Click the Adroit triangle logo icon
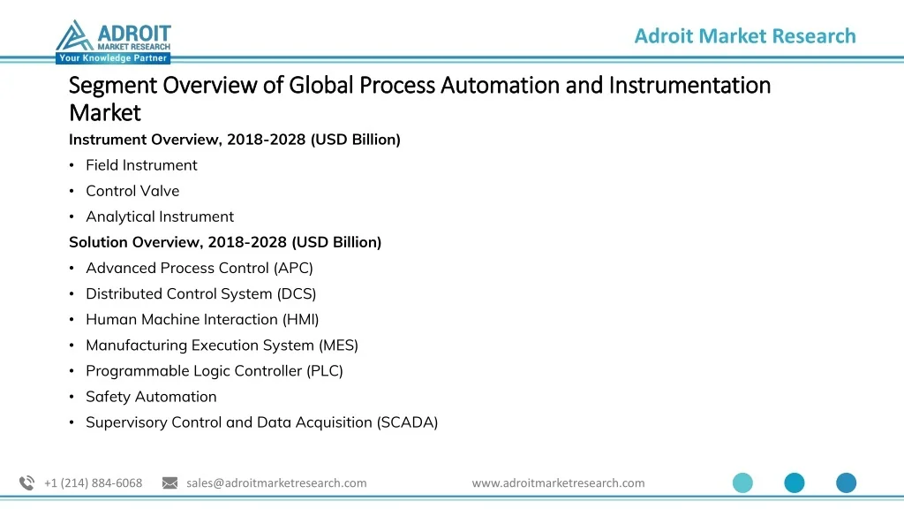[74, 35]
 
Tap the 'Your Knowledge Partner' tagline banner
[113, 57]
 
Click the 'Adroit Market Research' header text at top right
[745, 35]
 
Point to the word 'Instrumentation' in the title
[689, 86]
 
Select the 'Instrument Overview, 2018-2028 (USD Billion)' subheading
[235, 140]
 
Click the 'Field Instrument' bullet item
[141, 165]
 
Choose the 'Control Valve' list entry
[132, 191]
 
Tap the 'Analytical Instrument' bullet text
[160, 217]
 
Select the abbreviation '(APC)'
[293, 269]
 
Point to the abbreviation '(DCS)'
[297, 293]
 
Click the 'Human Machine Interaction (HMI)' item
[202, 320]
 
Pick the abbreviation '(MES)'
[338, 346]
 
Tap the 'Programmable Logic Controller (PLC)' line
[215, 371]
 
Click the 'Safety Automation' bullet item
[151, 397]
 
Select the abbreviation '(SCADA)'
[408, 422]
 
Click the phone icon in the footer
[27, 483]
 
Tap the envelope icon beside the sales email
[170, 483]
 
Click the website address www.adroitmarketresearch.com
[558, 483]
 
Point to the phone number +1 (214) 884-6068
[93, 483]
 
